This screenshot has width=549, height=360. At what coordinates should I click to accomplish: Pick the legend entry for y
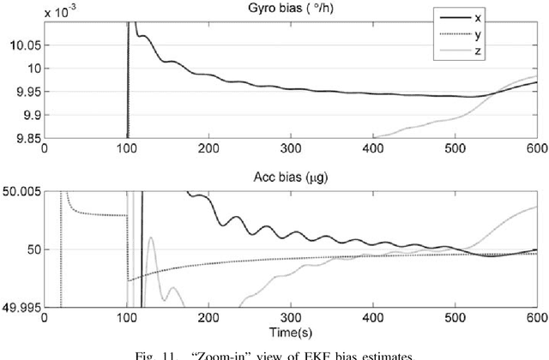coord(475,34)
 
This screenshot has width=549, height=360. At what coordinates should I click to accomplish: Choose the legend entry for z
coord(475,51)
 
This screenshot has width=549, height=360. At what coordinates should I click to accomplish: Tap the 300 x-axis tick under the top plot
coord(292,147)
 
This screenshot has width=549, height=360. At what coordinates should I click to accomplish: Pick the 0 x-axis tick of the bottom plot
coord(45,317)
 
